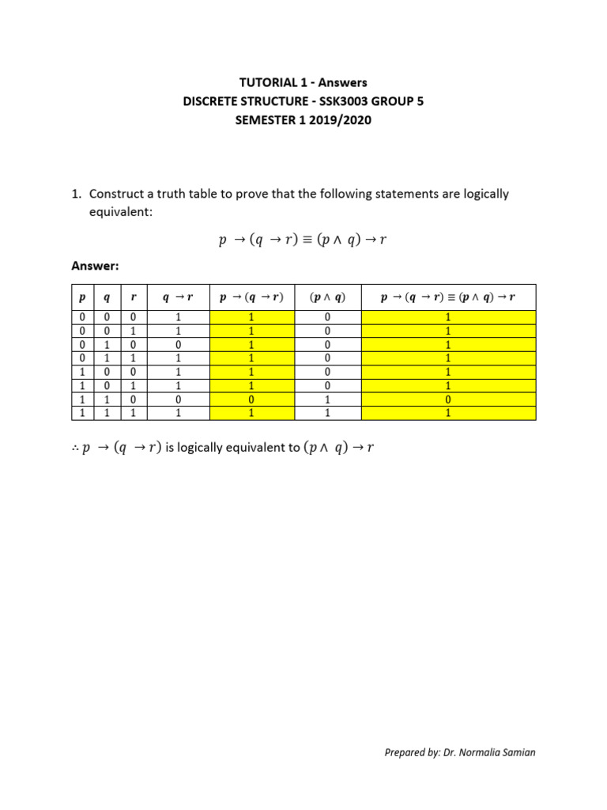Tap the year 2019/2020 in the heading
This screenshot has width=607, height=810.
pos(339,121)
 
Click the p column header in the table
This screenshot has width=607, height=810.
pos(81,297)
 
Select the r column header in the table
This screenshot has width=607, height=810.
pos(134,297)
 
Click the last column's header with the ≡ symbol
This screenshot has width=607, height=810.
pos(448,297)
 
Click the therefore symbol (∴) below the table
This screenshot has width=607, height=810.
pos(76,449)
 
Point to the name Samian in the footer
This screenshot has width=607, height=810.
pos(517,752)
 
